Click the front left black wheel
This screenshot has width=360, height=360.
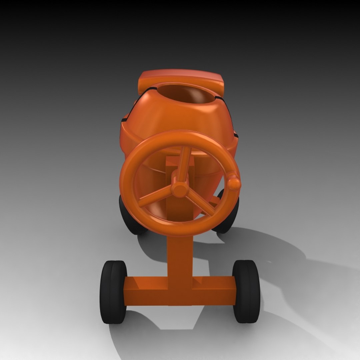[x=113, y=292]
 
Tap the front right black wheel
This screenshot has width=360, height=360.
[x=246, y=291]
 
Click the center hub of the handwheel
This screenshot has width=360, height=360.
[x=180, y=189]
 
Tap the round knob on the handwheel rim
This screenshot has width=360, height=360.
[x=234, y=183]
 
